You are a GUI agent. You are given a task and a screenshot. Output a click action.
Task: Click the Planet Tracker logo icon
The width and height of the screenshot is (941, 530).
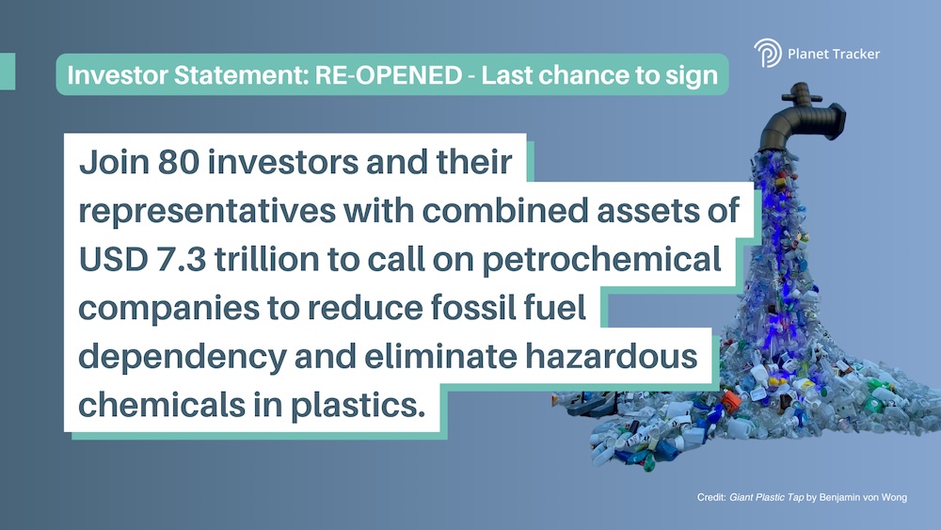click(x=768, y=53)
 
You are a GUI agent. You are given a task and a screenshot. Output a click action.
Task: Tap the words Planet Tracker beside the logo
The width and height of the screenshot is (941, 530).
click(x=834, y=54)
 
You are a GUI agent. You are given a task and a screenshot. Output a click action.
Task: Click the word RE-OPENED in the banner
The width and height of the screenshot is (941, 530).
click(x=389, y=75)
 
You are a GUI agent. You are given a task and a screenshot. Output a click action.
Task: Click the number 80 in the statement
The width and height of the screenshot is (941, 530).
click(x=179, y=162)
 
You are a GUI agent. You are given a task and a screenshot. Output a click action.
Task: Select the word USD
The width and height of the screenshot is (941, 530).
click(x=114, y=259)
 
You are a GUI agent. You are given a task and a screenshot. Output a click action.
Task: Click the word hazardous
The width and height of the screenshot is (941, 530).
click(x=611, y=356)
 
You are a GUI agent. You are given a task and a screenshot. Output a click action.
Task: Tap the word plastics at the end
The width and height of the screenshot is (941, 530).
click(x=359, y=406)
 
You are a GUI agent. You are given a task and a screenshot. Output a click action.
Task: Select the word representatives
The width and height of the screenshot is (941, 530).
click(x=207, y=211)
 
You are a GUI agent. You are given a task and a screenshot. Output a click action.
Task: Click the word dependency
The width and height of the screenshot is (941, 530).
click(x=183, y=358)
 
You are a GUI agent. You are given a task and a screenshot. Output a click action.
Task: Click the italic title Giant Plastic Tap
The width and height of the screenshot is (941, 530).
click(x=766, y=497)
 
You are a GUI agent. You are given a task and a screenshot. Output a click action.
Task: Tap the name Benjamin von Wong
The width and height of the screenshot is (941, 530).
click(x=863, y=497)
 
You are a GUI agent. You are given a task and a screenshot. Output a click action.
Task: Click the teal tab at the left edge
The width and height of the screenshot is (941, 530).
click(x=8, y=72)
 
